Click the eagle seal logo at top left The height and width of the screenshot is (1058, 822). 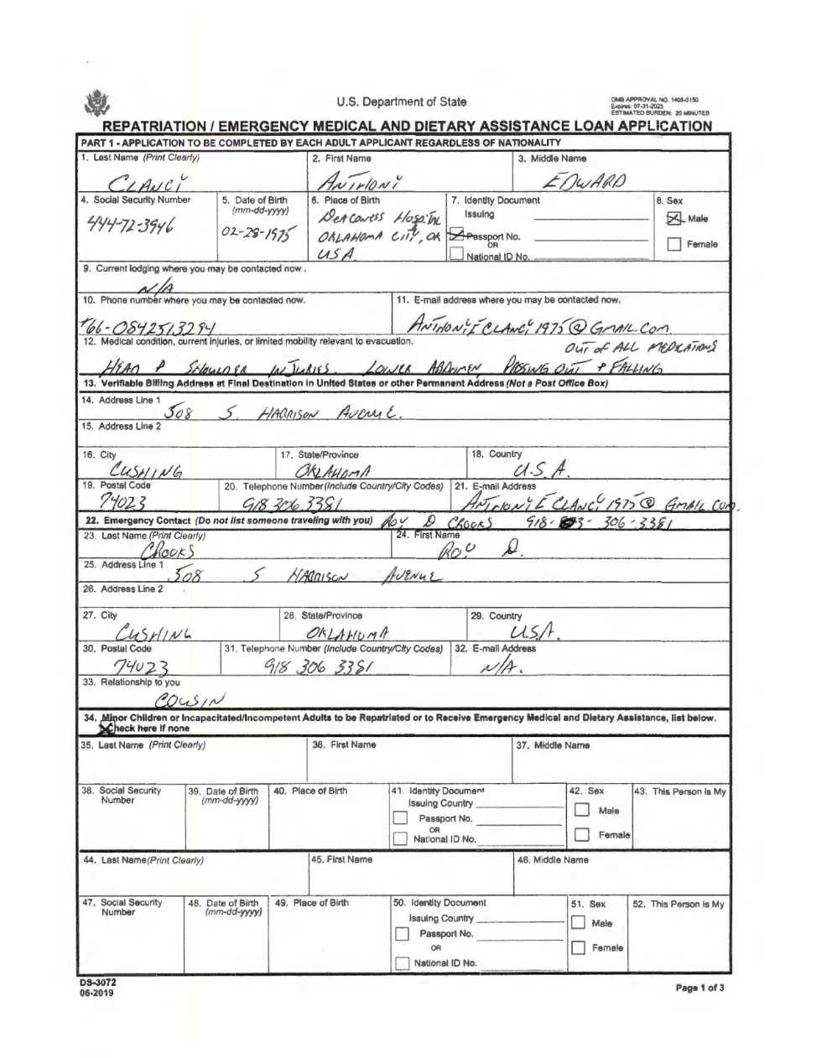tap(97, 103)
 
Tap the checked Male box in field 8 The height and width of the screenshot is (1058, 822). tap(674, 219)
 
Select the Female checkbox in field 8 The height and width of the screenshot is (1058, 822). tap(674, 245)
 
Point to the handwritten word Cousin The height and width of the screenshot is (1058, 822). tap(190, 700)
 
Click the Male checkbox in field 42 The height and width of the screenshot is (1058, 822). tap(582, 810)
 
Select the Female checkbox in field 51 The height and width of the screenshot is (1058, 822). tap(578, 947)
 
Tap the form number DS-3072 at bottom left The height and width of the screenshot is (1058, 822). tap(98, 983)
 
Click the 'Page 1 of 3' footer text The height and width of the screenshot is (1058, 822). tap(700, 988)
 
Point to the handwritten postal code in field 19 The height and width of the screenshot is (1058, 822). tap(123, 502)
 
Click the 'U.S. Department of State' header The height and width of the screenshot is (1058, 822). tap(402, 102)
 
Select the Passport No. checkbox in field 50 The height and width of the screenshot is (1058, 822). tap(402, 933)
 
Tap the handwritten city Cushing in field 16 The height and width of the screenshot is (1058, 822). tap(146, 471)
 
